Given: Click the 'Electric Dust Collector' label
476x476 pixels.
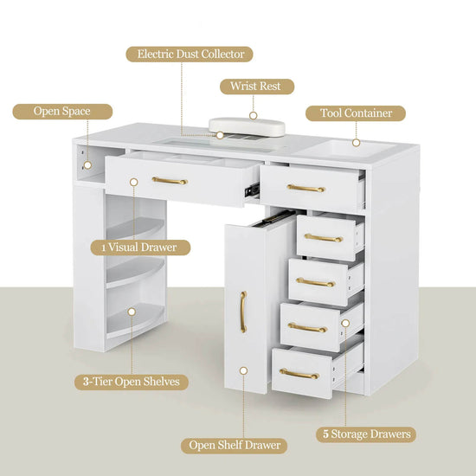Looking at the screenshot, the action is click(190, 55).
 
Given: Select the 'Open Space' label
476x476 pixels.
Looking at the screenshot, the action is click(62, 112).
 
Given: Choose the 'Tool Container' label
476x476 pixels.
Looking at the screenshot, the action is click(356, 113).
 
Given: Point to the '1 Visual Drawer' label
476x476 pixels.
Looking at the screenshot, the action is click(140, 248).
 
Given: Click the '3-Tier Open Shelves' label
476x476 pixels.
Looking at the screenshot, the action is click(132, 382).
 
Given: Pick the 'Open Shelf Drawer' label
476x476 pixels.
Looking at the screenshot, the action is click(234, 446).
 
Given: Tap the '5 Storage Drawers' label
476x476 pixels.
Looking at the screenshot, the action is click(366, 434).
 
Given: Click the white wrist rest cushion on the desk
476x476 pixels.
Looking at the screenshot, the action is click(248, 126).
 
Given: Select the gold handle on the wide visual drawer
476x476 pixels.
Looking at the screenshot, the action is click(170, 181).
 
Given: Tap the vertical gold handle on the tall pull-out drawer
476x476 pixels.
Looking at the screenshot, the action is click(243, 312).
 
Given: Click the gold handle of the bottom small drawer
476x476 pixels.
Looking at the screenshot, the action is click(299, 374).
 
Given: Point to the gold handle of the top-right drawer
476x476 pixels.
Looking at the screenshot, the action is click(306, 189).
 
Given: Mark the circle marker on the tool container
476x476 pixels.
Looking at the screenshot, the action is click(356, 143).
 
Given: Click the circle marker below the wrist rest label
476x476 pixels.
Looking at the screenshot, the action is click(254, 115).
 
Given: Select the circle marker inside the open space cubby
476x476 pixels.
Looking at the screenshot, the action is click(87, 165).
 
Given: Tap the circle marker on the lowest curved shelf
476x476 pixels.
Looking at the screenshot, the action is click(132, 312).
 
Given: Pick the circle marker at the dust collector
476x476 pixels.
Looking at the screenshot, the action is click(220, 135).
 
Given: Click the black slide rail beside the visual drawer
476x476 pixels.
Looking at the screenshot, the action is click(252, 190).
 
